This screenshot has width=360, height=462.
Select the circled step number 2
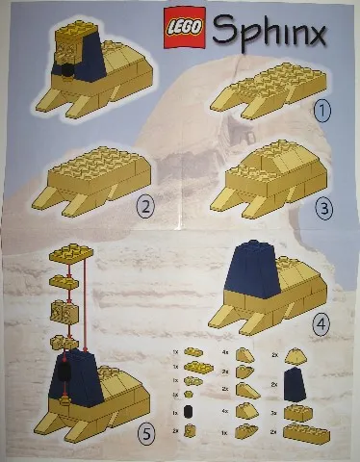[146, 206]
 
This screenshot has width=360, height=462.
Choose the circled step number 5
[146, 435]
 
